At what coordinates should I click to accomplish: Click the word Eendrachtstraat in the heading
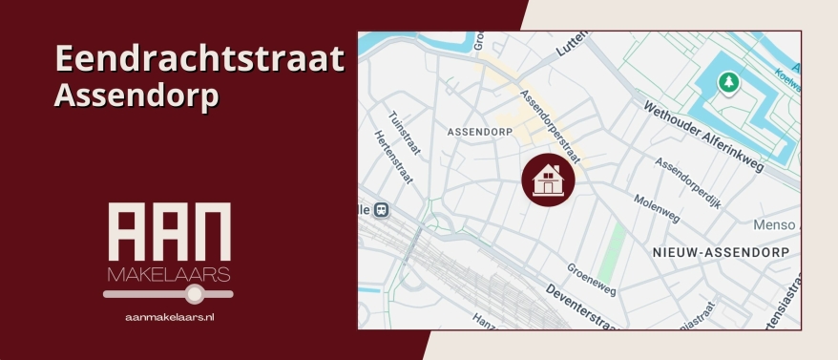click(199, 59)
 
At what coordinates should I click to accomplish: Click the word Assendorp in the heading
click(136, 95)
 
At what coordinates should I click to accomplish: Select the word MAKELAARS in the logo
click(168, 275)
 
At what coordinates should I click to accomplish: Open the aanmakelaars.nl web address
click(169, 316)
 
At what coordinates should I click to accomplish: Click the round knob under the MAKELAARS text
click(195, 294)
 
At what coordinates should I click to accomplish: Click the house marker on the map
click(548, 179)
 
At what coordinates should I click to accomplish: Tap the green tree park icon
click(728, 83)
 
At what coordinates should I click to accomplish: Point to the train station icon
click(382, 210)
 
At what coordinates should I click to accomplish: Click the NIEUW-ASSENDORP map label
click(722, 251)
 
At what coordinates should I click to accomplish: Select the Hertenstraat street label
click(387, 153)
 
